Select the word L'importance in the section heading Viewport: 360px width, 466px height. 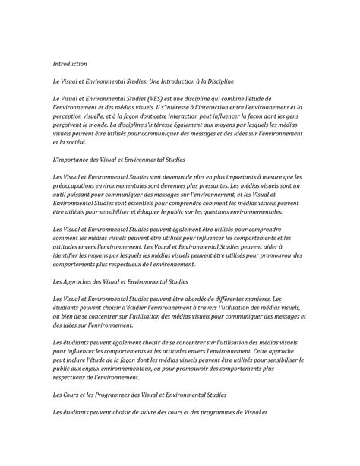(x=77, y=159)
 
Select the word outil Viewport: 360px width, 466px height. (x=61, y=195)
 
